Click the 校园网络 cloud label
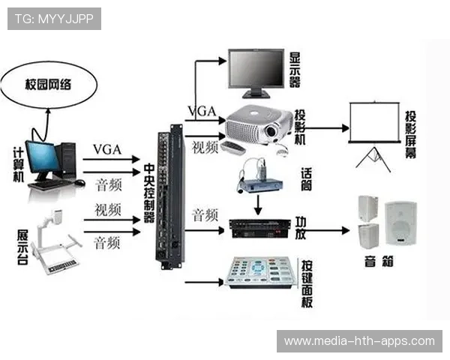pos(49,85)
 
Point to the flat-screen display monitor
pos(256,70)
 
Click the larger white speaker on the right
pos(400,223)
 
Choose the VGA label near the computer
pos(106,149)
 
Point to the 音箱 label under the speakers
pos(381,262)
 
